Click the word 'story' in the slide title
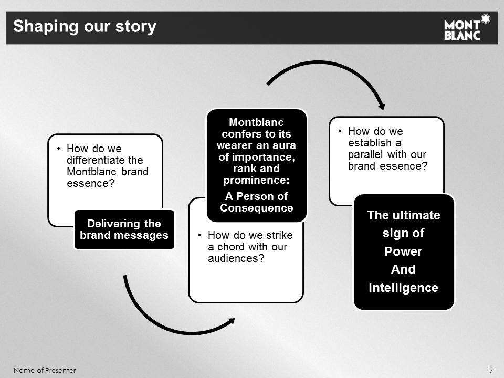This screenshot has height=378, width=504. pos(136,27)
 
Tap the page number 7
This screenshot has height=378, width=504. pos(491,370)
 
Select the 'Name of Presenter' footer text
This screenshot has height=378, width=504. pos(45,370)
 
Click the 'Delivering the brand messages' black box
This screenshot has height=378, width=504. pos(124,229)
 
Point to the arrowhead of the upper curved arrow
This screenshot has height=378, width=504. pos(382,107)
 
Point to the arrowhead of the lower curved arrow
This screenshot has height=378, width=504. pos(231,321)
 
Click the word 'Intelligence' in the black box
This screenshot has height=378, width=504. pos(403,287)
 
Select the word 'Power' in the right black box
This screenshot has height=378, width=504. pos(403,251)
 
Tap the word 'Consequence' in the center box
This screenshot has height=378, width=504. pos(257,208)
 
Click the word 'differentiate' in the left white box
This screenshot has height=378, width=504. pos(105,160)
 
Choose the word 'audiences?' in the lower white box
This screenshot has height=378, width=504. pos(236,258)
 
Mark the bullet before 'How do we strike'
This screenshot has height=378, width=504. pos(200,235)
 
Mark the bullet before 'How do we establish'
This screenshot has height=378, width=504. pos(340,131)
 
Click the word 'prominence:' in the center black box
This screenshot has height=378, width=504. pos(257,181)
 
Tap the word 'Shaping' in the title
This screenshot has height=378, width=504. pos(46,27)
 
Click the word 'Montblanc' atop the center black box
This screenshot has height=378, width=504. pos(257,122)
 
